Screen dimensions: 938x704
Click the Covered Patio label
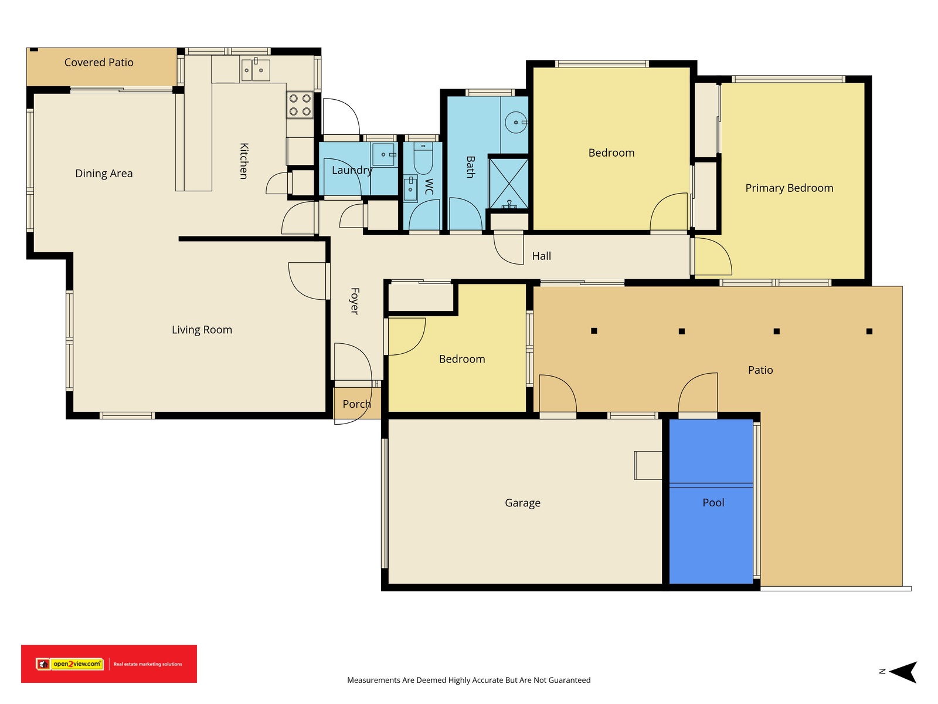click(x=98, y=62)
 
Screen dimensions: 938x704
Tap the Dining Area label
click(x=104, y=174)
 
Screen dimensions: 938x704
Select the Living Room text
click(x=202, y=330)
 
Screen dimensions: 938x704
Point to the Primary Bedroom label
click(x=789, y=188)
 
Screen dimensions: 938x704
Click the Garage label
click(x=522, y=503)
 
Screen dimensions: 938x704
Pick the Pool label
click(x=713, y=502)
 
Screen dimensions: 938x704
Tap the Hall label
click(x=541, y=256)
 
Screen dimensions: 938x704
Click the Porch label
click(x=356, y=404)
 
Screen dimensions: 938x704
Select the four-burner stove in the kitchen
click(x=300, y=105)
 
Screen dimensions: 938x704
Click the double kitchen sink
click(x=255, y=70)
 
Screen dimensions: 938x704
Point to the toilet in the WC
click(x=423, y=158)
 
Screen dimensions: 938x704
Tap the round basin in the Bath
click(x=516, y=123)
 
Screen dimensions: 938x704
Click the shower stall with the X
click(x=508, y=183)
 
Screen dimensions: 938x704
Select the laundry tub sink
click(x=384, y=155)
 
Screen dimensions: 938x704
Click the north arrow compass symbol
click(x=902, y=672)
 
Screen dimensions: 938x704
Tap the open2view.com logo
click(x=70, y=664)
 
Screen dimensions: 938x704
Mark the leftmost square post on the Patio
click(x=593, y=331)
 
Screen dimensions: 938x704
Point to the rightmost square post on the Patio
click(x=869, y=331)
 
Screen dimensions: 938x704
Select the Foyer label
click(x=355, y=301)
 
